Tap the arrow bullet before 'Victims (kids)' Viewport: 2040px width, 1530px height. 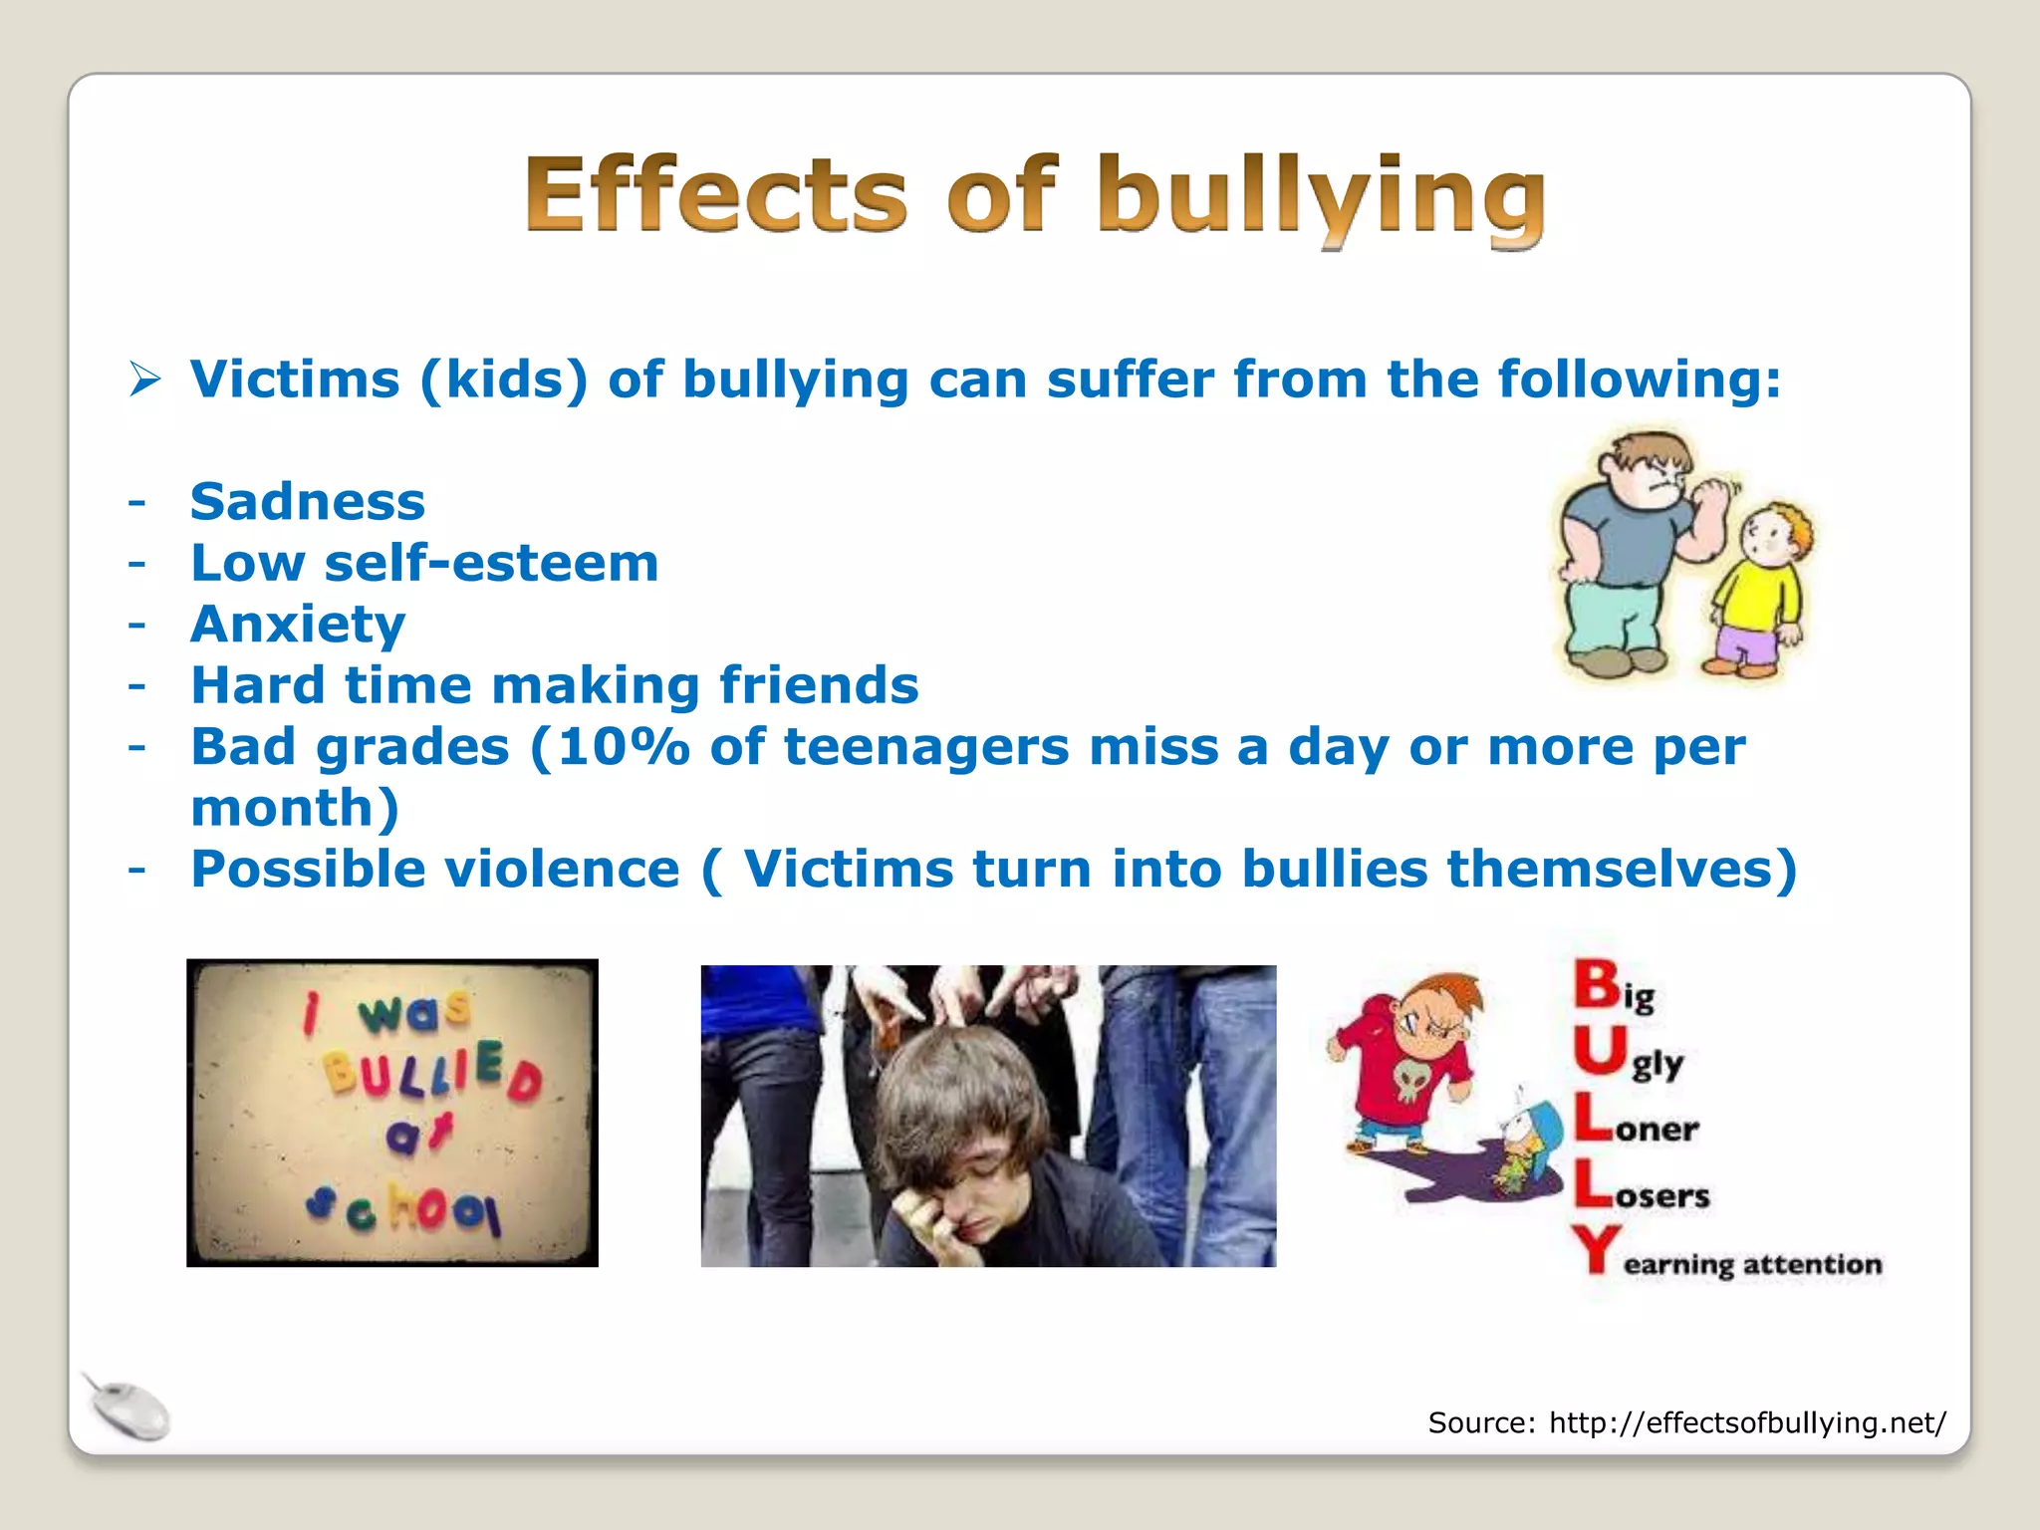[x=145, y=380]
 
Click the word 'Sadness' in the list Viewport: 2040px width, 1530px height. [x=308, y=501]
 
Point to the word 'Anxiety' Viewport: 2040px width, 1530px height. [x=298, y=625]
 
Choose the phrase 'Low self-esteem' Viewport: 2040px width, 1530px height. [x=424, y=563]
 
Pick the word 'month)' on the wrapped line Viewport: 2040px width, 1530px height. [x=295, y=808]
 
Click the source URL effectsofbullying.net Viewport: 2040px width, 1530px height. [x=1746, y=1422]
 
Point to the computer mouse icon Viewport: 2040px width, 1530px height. [x=127, y=1406]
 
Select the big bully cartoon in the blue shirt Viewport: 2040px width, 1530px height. [x=1624, y=553]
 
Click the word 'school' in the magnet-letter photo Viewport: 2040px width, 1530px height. [x=403, y=1206]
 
